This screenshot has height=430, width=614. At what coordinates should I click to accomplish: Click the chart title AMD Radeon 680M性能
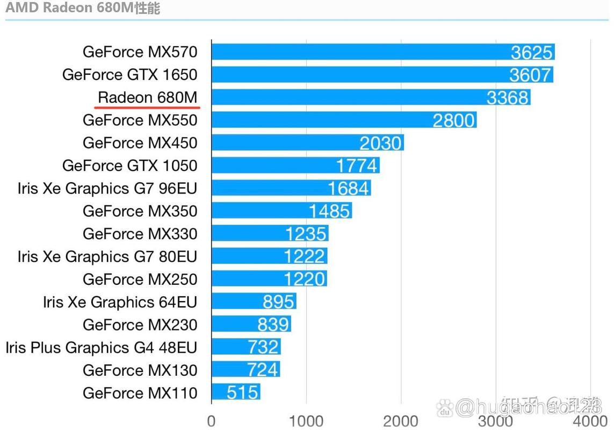(x=83, y=9)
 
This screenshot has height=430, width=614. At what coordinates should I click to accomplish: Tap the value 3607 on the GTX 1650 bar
(x=530, y=75)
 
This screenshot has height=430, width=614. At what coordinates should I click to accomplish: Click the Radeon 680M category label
(x=148, y=97)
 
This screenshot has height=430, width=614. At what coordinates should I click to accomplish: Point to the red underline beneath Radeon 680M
(x=147, y=107)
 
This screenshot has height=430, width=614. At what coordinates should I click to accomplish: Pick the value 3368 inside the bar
(x=508, y=98)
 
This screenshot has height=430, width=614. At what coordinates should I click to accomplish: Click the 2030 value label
(x=380, y=143)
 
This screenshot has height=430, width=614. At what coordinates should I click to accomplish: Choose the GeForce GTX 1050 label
(x=129, y=166)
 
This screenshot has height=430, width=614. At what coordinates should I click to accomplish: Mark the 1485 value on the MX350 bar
(x=330, y=211)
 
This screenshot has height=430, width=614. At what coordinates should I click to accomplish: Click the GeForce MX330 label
(x=140, y=234)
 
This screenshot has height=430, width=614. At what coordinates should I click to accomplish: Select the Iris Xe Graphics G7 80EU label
(x=107, y=256)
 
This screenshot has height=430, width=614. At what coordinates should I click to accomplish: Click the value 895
(x=278, y=302)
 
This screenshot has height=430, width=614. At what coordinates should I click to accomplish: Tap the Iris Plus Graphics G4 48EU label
(x=101, y=347)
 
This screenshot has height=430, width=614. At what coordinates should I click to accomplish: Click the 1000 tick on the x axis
(x=306, y=420)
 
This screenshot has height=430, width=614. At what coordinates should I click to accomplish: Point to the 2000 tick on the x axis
(x=401, y=420)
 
